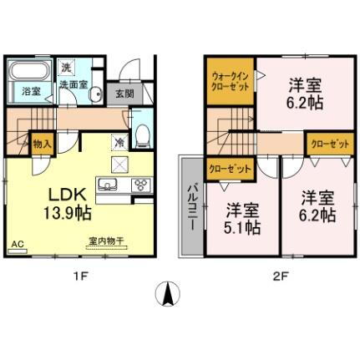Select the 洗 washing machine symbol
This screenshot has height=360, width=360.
click(66, 66)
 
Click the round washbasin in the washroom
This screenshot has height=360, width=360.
click(97, 93)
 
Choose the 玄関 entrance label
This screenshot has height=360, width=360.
click(124, 94)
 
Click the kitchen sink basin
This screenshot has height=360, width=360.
click(109, 185)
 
